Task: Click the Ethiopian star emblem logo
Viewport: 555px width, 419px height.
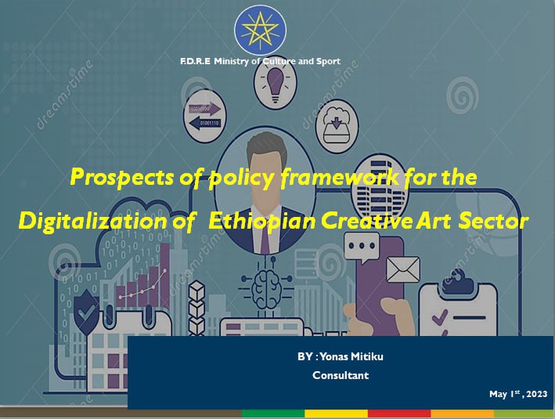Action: tap(260, 30)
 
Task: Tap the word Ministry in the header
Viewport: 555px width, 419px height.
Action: tap(232, 61)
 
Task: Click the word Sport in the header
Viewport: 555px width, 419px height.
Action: tap(328, 62)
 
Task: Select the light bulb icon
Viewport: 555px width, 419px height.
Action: tap(276, 85)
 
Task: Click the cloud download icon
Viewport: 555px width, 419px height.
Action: tap(337, 126)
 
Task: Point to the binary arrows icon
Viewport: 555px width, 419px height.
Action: tap(204, 116)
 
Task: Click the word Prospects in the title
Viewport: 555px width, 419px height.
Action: tap(122, 178)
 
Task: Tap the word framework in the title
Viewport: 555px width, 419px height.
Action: tap(340, 177)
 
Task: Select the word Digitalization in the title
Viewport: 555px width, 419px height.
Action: tap(92, 222)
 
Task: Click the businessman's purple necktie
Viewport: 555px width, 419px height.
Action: tap(265, 237)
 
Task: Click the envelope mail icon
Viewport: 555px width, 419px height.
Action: tap(403, 269)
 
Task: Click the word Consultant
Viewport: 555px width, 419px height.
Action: tap(341, 375)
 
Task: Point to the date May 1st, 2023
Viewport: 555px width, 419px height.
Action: tap(518, 393)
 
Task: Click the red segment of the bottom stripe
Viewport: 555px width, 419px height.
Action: tap(399, 414)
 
